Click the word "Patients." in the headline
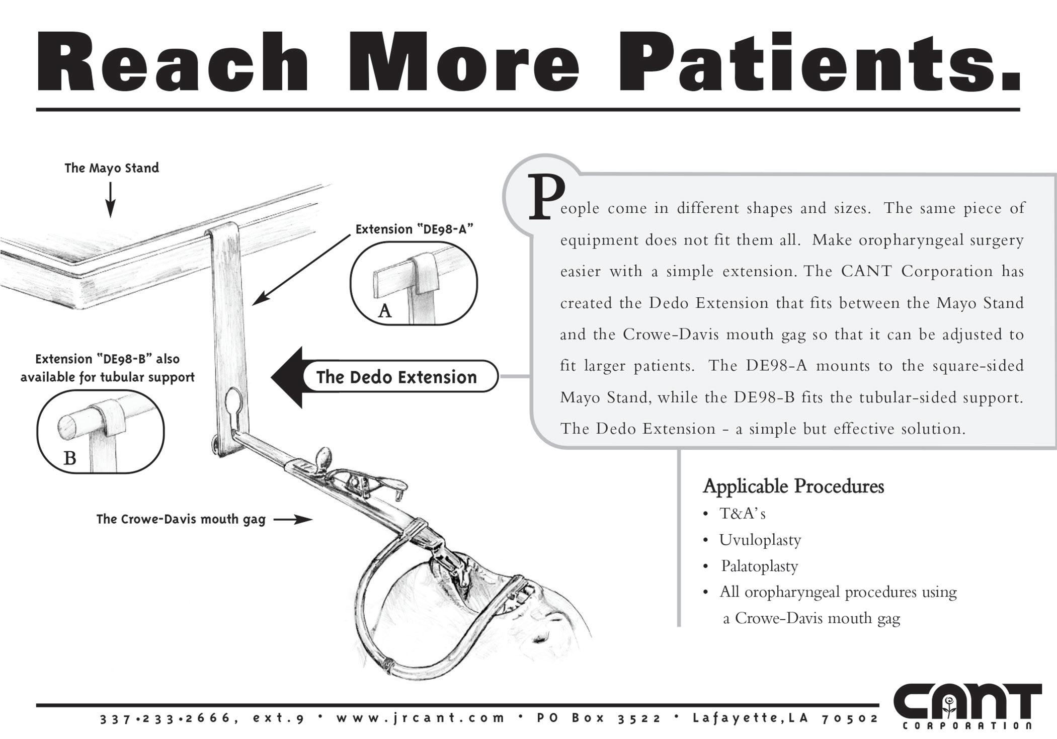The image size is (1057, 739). (819, 63)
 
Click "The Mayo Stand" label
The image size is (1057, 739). (112, 168)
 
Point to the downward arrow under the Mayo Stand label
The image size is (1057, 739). (110, 200)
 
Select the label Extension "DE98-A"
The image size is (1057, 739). (414, 229)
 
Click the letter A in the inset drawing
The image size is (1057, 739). (385, 311)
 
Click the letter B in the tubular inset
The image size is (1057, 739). (70, 458)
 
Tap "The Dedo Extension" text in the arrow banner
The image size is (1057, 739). (396, 377)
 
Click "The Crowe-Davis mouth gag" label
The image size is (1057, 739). (181, 519)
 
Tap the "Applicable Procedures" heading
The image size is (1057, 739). (793, 486)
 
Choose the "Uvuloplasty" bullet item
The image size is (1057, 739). (760, 540)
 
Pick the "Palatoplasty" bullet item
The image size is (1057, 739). (759, 566)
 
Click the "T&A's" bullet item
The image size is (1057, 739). (742, 514)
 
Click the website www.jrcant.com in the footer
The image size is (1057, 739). (421, 718)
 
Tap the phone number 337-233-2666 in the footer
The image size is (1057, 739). (166, 718)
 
